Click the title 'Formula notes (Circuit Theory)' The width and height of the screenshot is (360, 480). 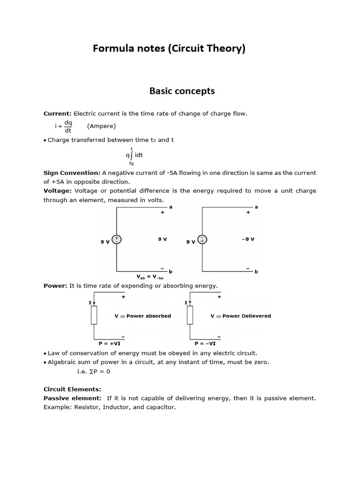pos(169,48)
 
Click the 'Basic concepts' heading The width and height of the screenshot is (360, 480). pos(182,91)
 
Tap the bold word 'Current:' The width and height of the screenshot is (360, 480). pos(57,113)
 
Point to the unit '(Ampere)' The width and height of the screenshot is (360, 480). pos(101,126)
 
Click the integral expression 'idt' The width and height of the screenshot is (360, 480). pos(139,155)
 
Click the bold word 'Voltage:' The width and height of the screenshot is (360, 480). pos(57,191)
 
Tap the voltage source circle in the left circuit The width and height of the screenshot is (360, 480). pos(117,240)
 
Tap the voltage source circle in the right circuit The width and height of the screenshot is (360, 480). pos(202,240)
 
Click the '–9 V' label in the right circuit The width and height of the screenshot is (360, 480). pos(248,239)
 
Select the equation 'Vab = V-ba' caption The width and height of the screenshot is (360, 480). pos(150,277)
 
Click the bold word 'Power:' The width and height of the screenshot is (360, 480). pos(55,285)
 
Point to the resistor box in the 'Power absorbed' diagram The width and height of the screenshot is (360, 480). pos(94,315)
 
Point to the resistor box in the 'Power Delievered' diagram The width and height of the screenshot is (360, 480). pos(190,315)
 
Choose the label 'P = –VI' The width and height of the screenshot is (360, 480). pos(205,344)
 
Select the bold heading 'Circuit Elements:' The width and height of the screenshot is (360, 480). pos(72,389)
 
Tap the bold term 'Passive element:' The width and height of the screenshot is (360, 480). pos(72,398)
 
